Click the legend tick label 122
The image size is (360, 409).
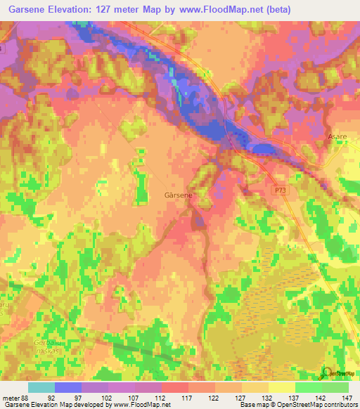point(214,398)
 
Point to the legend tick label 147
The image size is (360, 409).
point(347,398)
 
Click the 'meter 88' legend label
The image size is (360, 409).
point(15,398)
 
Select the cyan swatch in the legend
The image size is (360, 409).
point(41,387)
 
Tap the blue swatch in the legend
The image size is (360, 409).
point(67,387)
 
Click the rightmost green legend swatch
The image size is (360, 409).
point(335,387)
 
